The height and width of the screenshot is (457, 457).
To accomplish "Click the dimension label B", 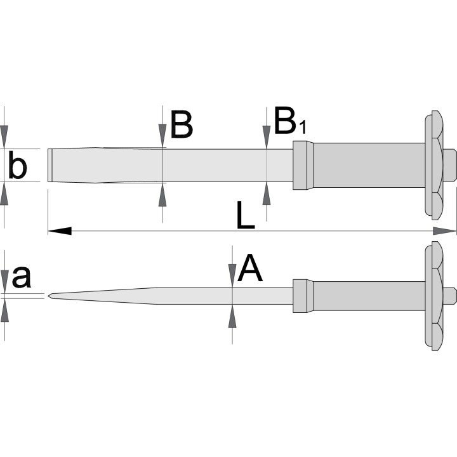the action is (x=182, y=124).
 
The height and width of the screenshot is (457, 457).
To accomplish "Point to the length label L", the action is (x=246, y=215).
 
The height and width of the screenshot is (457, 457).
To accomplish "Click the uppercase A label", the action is (x=250, y=268).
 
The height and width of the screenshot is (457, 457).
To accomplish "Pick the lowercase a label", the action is (x=22, y=276).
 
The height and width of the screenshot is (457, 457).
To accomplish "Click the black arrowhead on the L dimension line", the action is (x=60, y=231).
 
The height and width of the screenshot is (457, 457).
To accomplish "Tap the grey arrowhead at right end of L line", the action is (x=444, y=231).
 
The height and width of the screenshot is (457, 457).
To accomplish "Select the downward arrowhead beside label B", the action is (x=162, y=135).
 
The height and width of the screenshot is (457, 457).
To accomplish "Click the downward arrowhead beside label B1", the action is (x=267, y=136).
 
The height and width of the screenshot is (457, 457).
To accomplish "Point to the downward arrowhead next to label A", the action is (x=232, y=275).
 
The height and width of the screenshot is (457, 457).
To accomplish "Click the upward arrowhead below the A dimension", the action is (x=232, y=316).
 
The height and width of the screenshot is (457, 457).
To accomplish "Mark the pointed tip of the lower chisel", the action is (x=48, y=296).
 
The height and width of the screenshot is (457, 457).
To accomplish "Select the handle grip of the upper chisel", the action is (x=369, y=165).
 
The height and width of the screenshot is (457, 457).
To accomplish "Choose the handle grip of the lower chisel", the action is (x=369, y=296).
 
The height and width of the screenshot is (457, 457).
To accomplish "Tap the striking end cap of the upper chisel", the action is (x=450, y=165).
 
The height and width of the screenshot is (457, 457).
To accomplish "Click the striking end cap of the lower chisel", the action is (x=450, y=296).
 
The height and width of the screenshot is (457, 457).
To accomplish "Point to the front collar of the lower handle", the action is (x=303, y=296).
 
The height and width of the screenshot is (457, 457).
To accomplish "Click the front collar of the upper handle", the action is (x=303, y=165).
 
